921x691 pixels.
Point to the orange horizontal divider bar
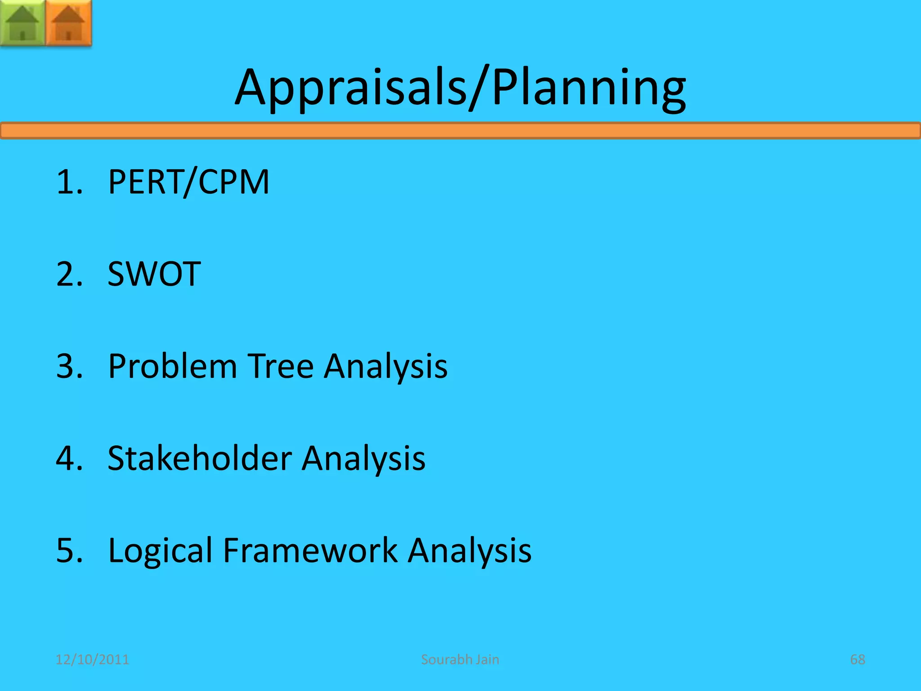coord(460,130)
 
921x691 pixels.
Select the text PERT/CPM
coord(188,182)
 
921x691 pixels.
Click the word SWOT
coord(154,274)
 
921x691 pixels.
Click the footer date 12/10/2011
coord(92,660)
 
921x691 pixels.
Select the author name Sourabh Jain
coord(460,660)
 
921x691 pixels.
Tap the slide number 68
coord(858,660)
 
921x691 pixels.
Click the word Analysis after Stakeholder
coord(363,459)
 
